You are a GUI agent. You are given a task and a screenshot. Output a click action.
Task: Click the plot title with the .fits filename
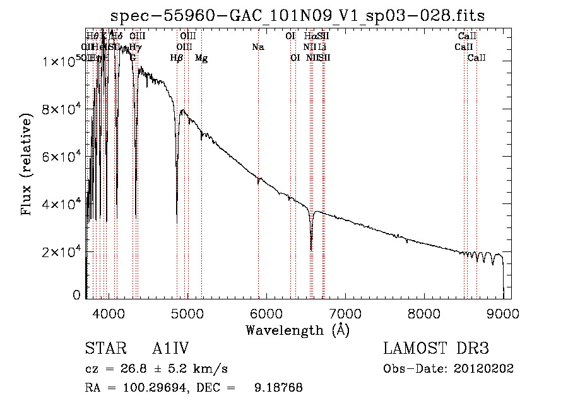(x=298, y=16)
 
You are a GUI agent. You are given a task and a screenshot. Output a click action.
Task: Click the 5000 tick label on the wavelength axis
(x=187, y=313)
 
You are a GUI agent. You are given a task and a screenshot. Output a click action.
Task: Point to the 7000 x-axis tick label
(x=345, y=313)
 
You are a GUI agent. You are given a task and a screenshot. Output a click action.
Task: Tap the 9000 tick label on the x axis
(x=502, y=313)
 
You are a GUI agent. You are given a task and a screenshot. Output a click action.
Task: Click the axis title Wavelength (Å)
(x=297, y=330)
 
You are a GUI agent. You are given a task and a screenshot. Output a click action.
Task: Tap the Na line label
(x=257, y=47)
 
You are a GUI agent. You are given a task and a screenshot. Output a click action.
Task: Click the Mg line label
(x=201, y=58)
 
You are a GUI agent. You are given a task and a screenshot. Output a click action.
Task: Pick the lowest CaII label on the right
(x=476, y=58)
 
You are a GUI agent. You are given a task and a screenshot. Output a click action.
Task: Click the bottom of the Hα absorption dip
(x=311, y=249)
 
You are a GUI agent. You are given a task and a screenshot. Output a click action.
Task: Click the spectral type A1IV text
(x=171, y=349)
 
